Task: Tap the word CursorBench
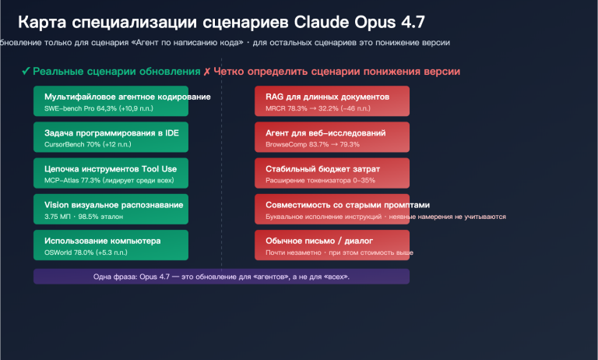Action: (x=65, y=144)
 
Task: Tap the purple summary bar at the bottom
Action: (x=221, y=277)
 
